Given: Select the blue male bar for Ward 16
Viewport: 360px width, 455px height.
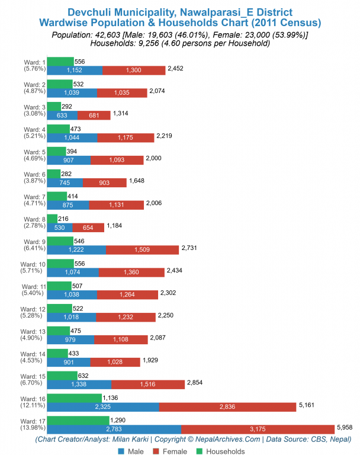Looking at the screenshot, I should [x=102, y=406].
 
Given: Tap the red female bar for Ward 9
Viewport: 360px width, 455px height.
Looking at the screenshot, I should [x=142, y=250].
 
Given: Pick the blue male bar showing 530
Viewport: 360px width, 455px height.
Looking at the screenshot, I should [x=59, y=227].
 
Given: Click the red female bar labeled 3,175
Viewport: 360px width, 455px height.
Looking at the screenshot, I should [x=258, y=429].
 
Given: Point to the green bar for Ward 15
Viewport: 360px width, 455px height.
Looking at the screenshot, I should [x=62, y=375].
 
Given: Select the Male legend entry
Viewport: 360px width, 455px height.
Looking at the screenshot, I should [x=130, y=451].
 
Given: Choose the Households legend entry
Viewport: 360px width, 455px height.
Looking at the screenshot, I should [x=220, y=451].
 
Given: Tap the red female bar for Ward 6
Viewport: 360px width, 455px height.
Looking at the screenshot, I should [x=104, y=182].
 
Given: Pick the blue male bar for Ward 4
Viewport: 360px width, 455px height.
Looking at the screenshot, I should [x=72, y=137].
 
